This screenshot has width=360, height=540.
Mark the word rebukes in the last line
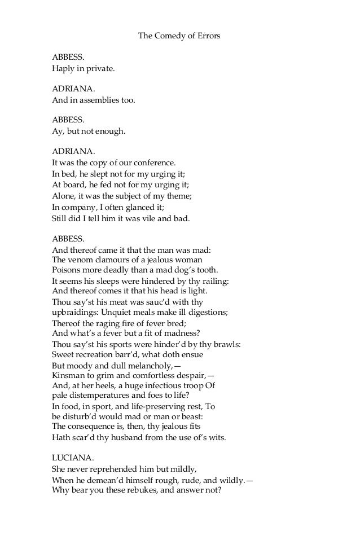click(x=132, y=490)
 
